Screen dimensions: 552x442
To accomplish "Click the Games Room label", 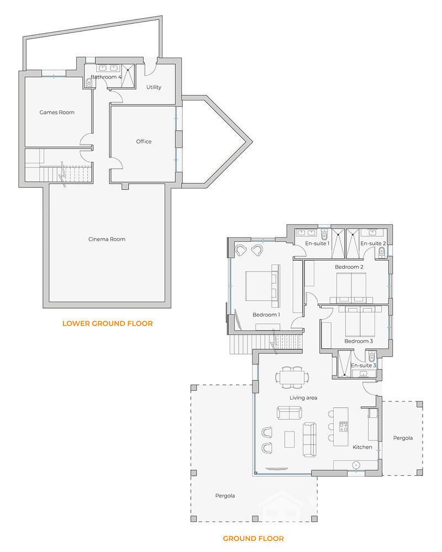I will (x=57, y=113).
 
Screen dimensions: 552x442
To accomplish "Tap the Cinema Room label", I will (x=107, y=239).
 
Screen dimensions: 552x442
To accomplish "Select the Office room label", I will (x=144, y=142).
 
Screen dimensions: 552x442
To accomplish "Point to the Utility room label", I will (x=154, y=87).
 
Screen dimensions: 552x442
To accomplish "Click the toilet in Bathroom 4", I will (x=89, y=83).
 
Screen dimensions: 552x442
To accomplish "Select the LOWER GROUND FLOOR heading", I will (x=107, y=323).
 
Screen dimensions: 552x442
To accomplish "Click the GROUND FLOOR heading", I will (x=253, y=538).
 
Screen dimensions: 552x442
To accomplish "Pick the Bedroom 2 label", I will (x=349, y=267).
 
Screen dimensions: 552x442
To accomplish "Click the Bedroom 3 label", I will (x=359, y=341).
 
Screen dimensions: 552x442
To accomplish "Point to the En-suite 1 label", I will (x=317, y=243).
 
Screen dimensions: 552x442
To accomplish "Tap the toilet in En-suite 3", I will (x=371, y=357).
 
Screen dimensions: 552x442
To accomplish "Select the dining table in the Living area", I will (x=291, y=378).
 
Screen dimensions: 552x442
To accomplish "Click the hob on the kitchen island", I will (x=343, y=426).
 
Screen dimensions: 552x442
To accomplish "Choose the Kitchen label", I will (x=362, y=447).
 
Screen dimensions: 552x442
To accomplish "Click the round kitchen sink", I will (x=356, y=464).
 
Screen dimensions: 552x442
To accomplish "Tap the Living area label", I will (x=303, y=397).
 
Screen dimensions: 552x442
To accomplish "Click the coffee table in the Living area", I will (x=290, y=439).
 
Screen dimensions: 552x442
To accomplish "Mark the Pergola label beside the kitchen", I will (x=403, y=438).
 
